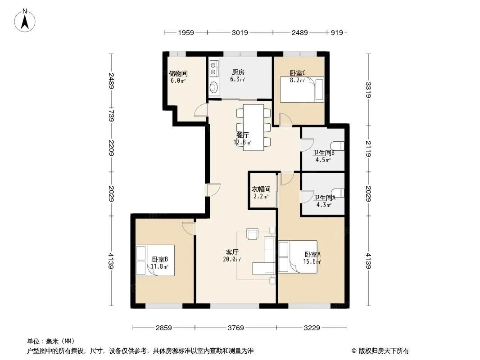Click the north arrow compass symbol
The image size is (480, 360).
25,21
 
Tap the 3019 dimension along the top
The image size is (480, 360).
240,32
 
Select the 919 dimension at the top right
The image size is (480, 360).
337,32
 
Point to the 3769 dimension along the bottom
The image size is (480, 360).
235,328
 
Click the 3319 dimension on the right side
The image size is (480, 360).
368,90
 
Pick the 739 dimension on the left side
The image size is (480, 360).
111,116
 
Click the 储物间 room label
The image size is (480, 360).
178,73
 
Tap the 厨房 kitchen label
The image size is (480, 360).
238,72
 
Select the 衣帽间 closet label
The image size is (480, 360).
261,189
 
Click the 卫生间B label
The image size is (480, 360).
323,152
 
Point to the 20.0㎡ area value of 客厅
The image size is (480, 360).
232,259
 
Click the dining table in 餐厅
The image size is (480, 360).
254,127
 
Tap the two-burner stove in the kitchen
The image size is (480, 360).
213,68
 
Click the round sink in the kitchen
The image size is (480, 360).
213,87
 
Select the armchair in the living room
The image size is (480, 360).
253,234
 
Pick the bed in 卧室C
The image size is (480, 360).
302,89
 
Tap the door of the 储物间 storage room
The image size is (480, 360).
201,110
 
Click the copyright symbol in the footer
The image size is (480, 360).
354,351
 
